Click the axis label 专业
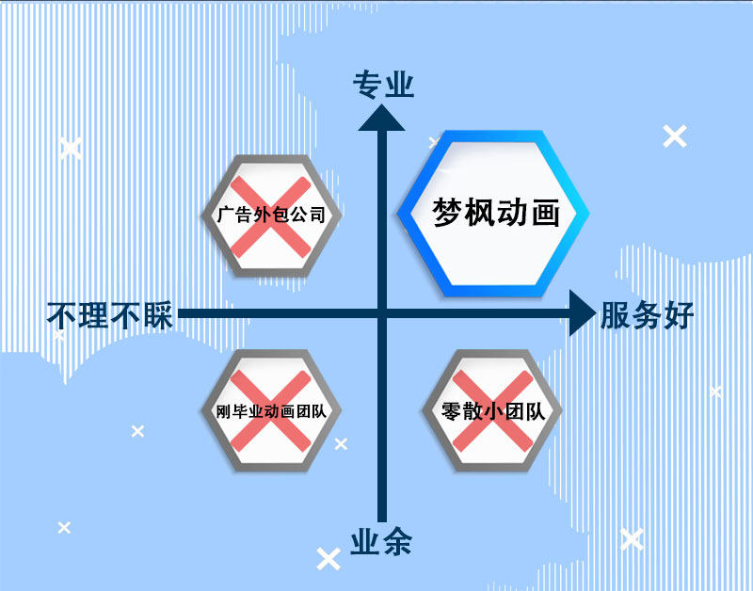point(383,86)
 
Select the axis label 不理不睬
point(110,316)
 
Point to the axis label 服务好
point(647,316)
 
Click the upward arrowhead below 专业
point(382,118)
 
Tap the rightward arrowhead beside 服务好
point(583,313)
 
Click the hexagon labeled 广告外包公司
point(271,215)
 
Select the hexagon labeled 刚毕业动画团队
point(271,411)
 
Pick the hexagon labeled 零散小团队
point(493,411)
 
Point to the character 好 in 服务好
point(679,316)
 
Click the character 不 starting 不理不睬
point(62,316)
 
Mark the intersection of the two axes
point(382,313)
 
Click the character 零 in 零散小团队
point(452,411)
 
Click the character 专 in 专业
point(367,86)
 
